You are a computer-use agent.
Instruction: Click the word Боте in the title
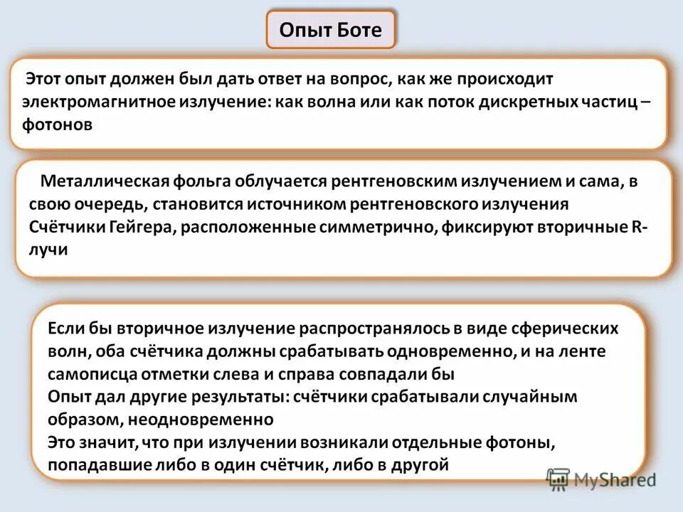359,31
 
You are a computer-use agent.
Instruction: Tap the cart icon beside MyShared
559,480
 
